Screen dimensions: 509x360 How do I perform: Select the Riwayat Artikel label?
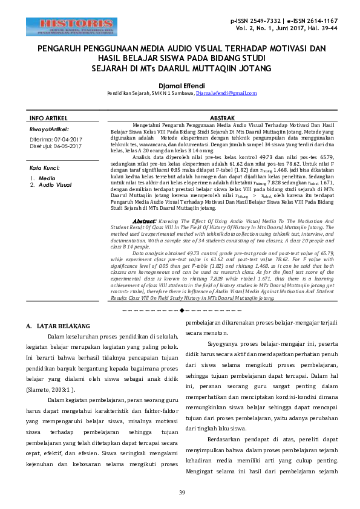click(x=49, y=129)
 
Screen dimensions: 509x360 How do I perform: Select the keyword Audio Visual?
click(x=55, y=184)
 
